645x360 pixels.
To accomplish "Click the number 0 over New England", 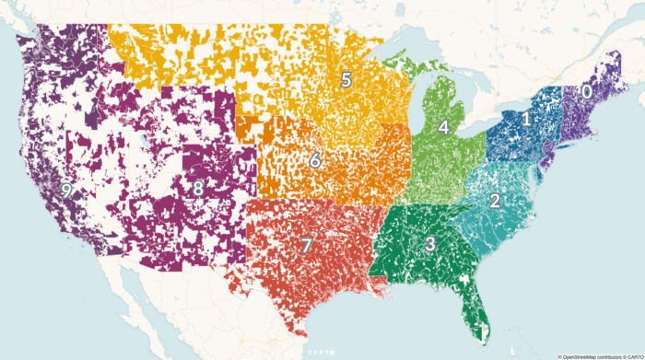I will pyautogui.click(x=585, y=92).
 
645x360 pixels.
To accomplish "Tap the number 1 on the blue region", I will pyautogui.click(x=526, y=119).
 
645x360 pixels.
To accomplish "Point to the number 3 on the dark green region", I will pyautogui.click(x=430, y=244).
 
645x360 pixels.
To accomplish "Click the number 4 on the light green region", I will pyautogui.click(x=443, y=127).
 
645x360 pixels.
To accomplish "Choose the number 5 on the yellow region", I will pyautogui.click(x=346, y=79).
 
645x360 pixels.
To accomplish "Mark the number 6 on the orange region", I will pyautogui.click(x=314, y=161).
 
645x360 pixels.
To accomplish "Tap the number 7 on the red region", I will pyautogui.click(x=307, y=246).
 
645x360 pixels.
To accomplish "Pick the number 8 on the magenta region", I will pyautogui.click(x=197, y=189).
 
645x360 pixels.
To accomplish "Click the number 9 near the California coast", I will pyautogui.click(x=65, y=190).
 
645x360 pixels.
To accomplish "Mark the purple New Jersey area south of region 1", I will pyautogui.click(x=545, y=155).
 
